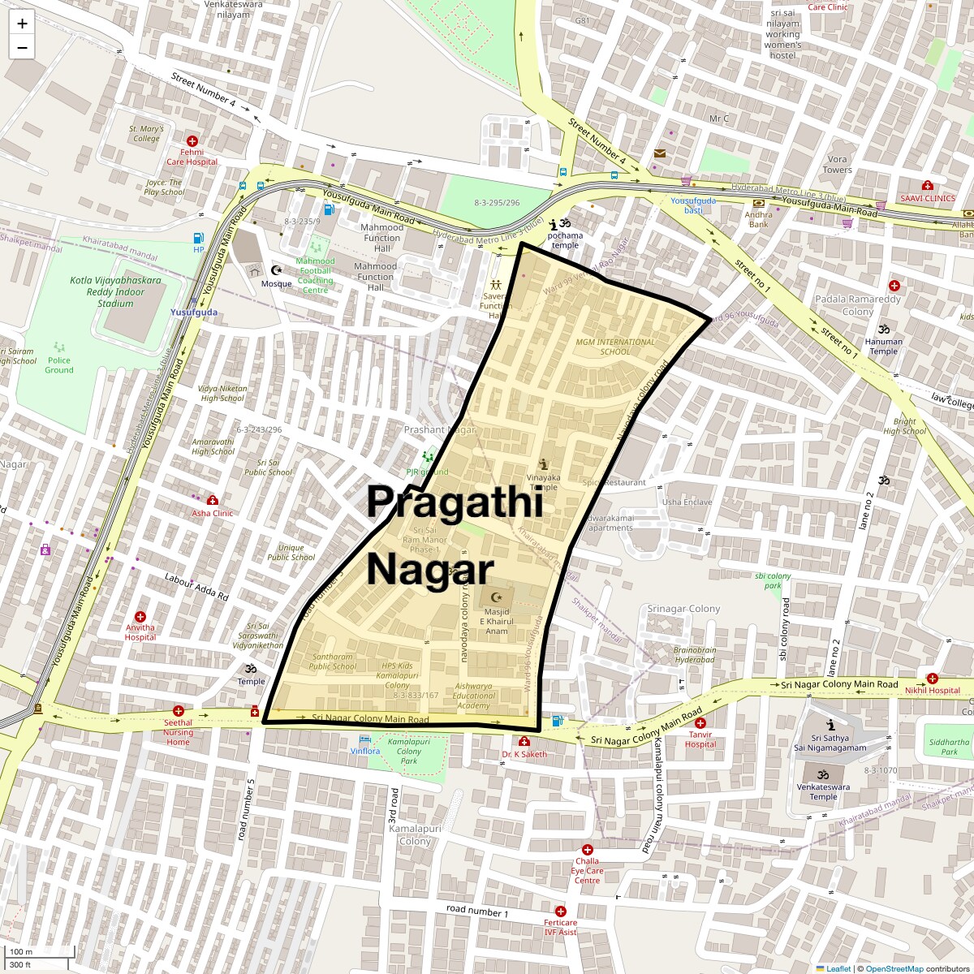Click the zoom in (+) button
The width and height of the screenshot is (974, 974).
[22, 24]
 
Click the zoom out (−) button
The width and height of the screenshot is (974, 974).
[22, 48]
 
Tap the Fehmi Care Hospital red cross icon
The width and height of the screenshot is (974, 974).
[192, 141]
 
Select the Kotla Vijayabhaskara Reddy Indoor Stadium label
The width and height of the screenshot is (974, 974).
[115, 292]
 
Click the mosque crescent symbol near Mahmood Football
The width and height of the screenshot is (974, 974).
[277, 270]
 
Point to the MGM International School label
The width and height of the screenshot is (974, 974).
[614, 347]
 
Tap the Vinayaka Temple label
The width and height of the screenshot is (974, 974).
[543, 482]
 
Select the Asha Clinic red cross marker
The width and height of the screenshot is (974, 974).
[213, 501]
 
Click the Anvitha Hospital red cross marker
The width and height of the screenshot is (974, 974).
[140, 617]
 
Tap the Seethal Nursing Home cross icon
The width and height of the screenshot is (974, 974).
[179, 711]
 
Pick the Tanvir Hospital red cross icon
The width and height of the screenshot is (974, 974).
[700, 723]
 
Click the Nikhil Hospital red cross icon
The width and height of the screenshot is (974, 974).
[932, 679]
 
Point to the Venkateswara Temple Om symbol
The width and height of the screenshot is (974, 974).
[822, 774]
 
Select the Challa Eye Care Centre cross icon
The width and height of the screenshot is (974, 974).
[587, 850]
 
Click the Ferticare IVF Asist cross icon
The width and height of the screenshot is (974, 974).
[560, 911]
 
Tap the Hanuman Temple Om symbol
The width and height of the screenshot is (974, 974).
[883, 330]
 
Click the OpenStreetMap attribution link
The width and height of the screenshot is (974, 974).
[894, 968]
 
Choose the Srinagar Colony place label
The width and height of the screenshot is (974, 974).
[683, 609]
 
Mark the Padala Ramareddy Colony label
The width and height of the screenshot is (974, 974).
[857, 305]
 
